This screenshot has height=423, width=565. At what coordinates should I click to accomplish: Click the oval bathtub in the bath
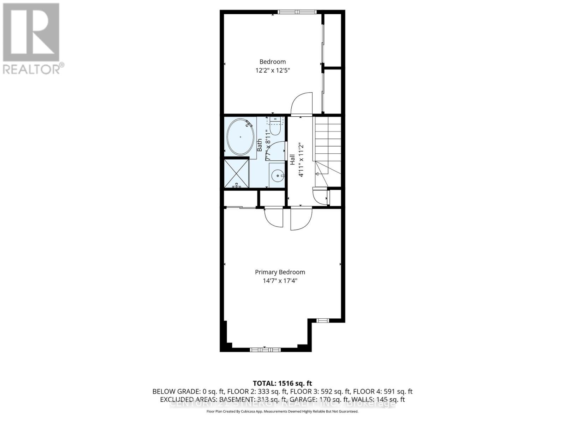click(x=240, y=137)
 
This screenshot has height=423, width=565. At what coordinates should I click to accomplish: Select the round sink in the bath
click(x=278, y=175)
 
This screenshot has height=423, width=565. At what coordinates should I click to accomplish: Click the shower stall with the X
click(x=236, y=174)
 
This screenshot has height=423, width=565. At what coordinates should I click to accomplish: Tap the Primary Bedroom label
click(x=280, y=272)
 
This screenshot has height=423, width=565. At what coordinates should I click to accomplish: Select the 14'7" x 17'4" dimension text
click(x=280, y=281)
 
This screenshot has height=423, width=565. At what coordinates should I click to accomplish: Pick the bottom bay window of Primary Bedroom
click(x=265, y=350)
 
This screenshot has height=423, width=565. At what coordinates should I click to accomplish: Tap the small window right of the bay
click(x=322, y=320)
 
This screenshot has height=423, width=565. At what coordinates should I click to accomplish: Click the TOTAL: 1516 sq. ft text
click(x=282, y=383)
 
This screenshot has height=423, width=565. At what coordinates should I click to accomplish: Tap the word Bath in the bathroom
click(x=260, y=145)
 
